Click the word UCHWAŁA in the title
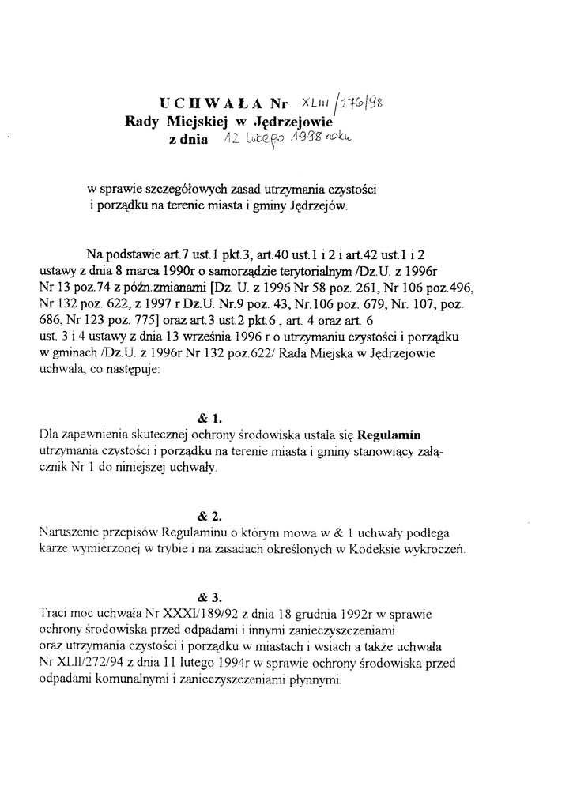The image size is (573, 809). click(212, 103)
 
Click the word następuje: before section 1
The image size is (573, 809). click(130, 368)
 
